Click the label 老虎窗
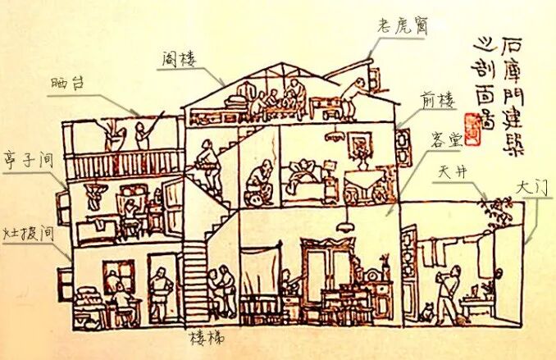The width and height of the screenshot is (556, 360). coord(398,25)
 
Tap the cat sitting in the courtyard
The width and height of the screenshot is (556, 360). coord(426,312)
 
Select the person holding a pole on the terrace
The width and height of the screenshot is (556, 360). coord(144,133)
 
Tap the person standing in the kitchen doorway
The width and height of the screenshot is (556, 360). coord(162,292)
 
